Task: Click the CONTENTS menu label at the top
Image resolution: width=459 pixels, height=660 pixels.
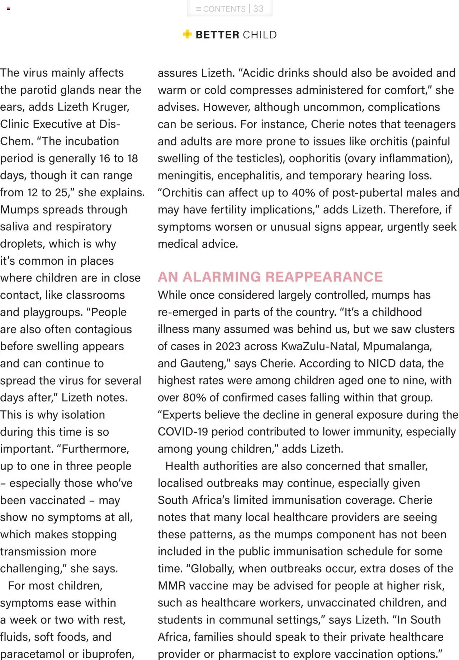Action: pos(224,9)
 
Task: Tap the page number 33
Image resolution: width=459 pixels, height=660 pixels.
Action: pos(258,9)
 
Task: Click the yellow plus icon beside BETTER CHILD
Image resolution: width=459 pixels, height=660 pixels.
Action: pos(187,34)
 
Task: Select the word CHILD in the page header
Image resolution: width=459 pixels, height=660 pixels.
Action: pos(260,35)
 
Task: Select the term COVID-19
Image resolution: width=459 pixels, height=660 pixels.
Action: pos(183,432)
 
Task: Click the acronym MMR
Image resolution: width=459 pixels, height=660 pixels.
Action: pos(171,586)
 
